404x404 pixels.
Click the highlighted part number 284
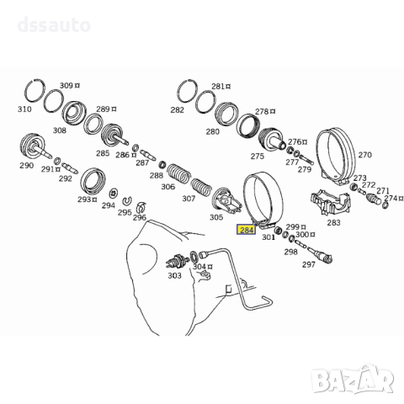[247, 230]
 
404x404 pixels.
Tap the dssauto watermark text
[54, 24]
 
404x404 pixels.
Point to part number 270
[365, 155]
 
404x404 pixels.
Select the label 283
[333, 222]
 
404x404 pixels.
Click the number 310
[24, 109]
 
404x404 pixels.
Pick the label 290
[26, 165]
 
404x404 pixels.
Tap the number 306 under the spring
[167, 187]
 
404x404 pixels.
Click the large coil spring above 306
[179, 173]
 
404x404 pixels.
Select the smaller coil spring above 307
[201, 186]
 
